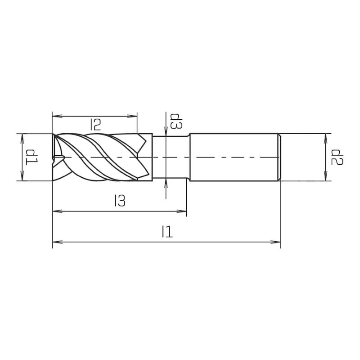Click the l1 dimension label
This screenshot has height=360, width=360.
(166, 232)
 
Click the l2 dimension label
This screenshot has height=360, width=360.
(95, 124)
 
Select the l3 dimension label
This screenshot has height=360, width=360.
(120, 201)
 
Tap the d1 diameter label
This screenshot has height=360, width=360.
(32, 157)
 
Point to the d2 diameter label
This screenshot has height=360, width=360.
(337, 157)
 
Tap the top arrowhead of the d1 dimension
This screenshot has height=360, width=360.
(22, 137)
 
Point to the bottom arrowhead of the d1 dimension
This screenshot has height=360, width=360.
(22, 177)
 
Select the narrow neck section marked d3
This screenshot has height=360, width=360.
(171, 157)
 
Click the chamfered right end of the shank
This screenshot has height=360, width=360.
(279, 157)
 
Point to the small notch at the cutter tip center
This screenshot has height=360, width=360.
(58, 157)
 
